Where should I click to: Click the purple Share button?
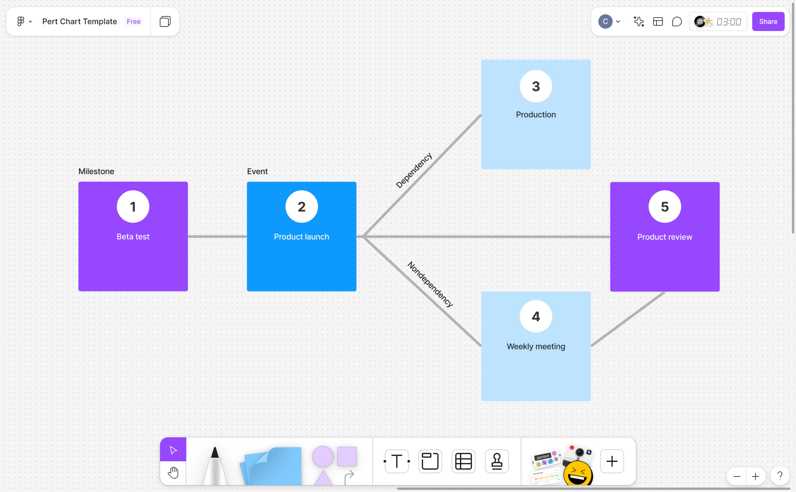tap(768, 21)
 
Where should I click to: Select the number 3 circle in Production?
tap(536, 86)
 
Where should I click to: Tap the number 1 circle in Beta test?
tap(133, 207)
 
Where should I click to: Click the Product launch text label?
tap(301, 237)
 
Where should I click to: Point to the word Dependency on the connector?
tap(414, 170)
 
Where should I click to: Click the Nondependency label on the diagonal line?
tap(430, 284)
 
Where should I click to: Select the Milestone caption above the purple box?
tap(96, 172)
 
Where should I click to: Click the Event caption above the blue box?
tap(257, 172)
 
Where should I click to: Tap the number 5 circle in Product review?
tap(664, 207)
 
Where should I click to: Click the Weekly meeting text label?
tap(536, 346)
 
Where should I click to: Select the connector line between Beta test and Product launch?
tap(217, 237)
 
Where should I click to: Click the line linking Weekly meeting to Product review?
tap(627, 319)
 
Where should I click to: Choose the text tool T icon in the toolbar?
tap(396, 461)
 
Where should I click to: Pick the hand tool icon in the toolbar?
tap(173, 472)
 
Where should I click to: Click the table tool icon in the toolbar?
tap(463, 461)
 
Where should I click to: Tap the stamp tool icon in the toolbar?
tap(497, 461)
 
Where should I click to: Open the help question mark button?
tap(779, 476)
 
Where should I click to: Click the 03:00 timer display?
tap(728, 22)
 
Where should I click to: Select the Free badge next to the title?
tap(134, 21)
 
